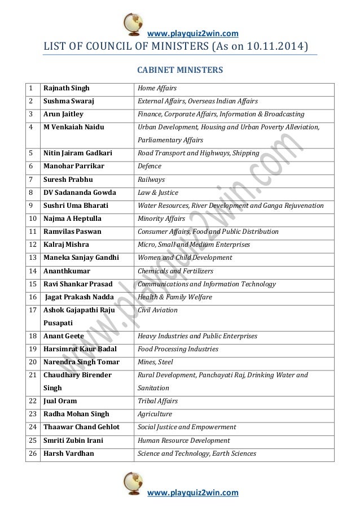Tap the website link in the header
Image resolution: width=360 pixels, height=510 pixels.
point(192,33)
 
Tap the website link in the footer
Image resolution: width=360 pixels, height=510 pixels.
point(192,493)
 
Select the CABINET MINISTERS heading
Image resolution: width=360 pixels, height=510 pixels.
point(181,71)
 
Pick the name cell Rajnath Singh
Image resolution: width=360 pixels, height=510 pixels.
point(67,88)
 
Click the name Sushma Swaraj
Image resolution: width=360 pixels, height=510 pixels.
point(69,101)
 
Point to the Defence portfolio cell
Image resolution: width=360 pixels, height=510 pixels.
point(150,166)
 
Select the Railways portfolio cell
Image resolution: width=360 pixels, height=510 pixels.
point(151,180)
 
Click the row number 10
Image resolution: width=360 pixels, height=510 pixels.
point(33,219)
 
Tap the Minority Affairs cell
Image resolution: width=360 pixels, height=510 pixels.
point(161,219)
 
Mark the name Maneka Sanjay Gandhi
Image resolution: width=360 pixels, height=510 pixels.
point(81,258)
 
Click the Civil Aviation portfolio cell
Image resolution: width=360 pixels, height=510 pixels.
point(157,310)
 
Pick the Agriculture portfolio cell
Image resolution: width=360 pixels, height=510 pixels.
point(155,414)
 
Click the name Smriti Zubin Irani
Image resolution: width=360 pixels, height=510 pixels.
point(73,441)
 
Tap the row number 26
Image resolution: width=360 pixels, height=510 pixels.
point(33,454)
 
